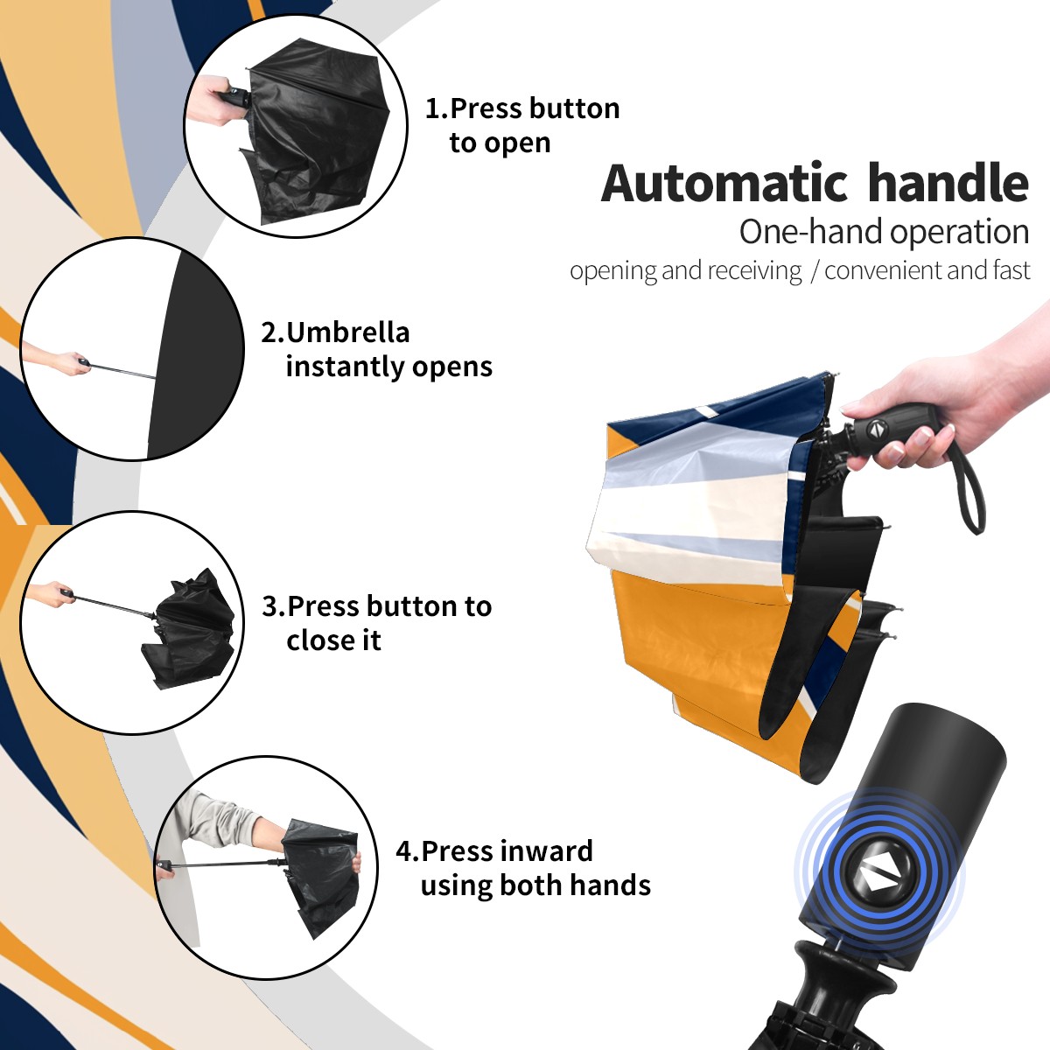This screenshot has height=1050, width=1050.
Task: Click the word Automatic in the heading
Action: (x=724, y=184)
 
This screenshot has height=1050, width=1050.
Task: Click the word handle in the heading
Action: (x=948, y=183)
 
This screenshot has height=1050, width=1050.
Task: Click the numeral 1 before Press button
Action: (x=432, y=108)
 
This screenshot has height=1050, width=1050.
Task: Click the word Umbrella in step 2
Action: (x=348, y=332)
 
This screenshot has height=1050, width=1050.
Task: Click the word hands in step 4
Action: (x=611, y=885)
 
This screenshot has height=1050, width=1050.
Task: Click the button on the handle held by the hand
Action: (x=875, y=429)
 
